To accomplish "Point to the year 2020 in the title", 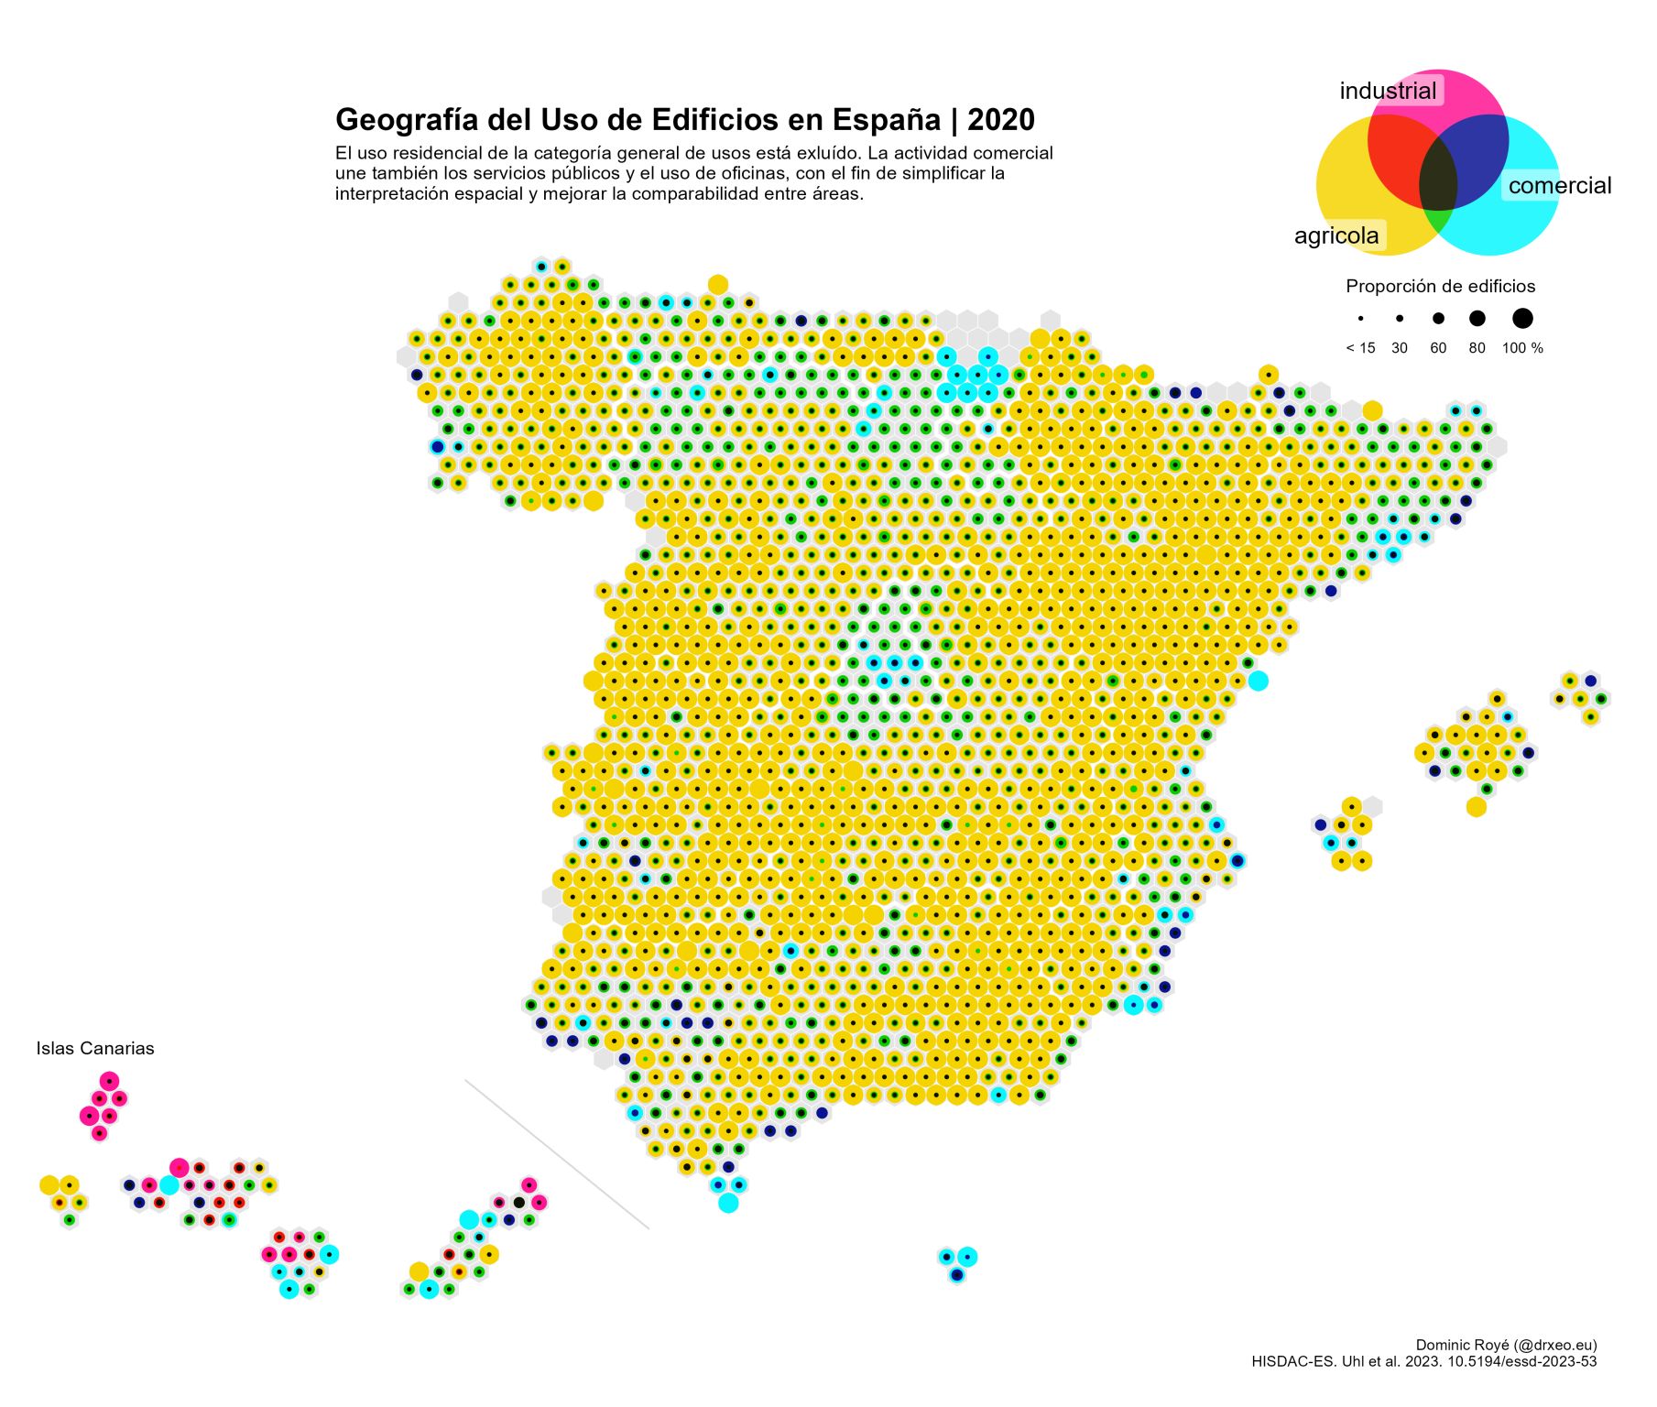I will (x=1000, y=120).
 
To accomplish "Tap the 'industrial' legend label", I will (x=1388, y=91).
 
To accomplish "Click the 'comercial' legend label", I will (x=1559, y=186).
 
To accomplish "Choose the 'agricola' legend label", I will (x=1336, y=235).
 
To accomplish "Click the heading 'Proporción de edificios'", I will (x=1440, y=287).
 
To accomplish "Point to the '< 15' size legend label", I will (x=1360, y=348).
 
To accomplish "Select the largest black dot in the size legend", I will (x=1522, y=319).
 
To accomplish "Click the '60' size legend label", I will (x=1438, y=348).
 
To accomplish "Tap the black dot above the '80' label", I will (x=1477, y=319).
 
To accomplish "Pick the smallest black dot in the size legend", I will (x=1361, y=319).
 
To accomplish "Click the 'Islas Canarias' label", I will (x=95, y=1049).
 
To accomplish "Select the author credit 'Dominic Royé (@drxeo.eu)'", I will (x=1506, y=1345).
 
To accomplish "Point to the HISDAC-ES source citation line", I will (x=1423, y=1361).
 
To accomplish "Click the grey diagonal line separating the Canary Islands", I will (x=557, y=1154).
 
